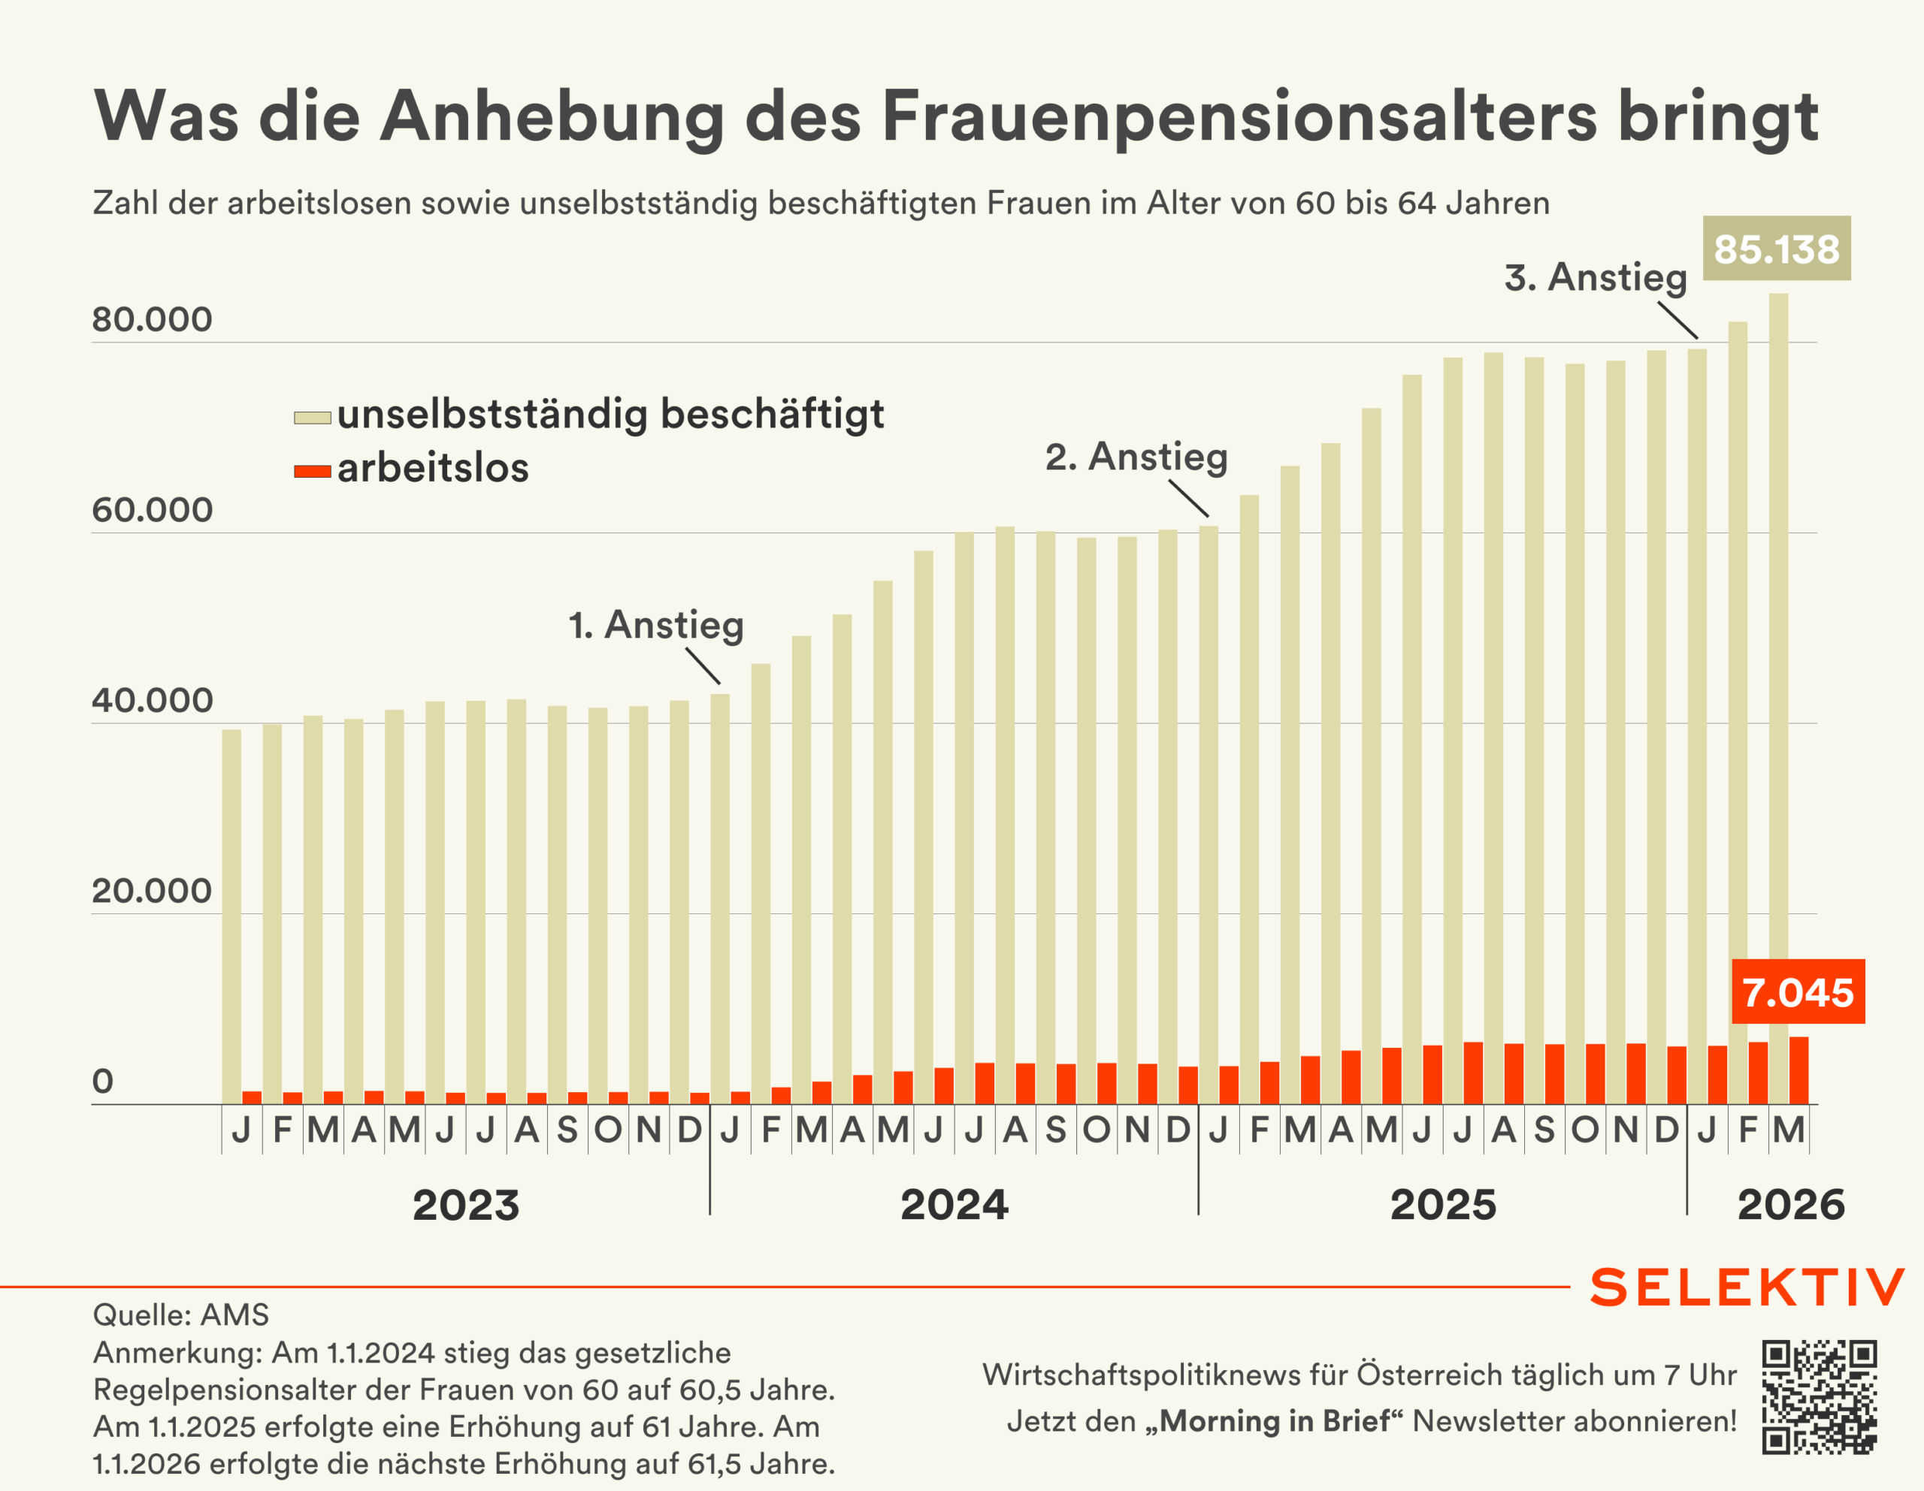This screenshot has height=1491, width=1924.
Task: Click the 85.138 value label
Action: [x=1776, y=249]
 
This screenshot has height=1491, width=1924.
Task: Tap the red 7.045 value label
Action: [x=1797, y=991]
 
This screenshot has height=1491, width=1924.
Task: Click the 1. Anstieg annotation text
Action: [x=656, y=624]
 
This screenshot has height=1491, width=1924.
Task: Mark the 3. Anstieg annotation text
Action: [x=1596, y=276]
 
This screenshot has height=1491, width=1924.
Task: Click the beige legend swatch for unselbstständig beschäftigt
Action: [x=312, y=418]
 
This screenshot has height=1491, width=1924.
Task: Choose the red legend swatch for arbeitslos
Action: [x=312, y=471]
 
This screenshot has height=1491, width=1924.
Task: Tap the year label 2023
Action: [x=466, y=1205]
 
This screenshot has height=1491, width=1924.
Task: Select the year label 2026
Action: [x=1791, y=1205]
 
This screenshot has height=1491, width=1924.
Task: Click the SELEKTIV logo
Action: [x=1747, y=1287]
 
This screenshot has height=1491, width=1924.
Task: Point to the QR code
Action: [x=1820, y=1397]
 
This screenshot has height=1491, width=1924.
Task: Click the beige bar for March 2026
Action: [x=1779, y=705]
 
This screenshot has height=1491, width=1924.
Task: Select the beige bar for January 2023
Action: [x=231, y=916]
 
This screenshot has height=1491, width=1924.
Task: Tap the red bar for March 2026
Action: [x=1799, y=1071]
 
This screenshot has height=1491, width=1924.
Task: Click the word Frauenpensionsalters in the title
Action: [x=1239, y=116]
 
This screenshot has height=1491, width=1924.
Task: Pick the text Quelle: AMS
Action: [x=180, y=1315]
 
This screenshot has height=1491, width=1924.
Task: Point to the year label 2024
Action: [x=954, y=1205]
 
